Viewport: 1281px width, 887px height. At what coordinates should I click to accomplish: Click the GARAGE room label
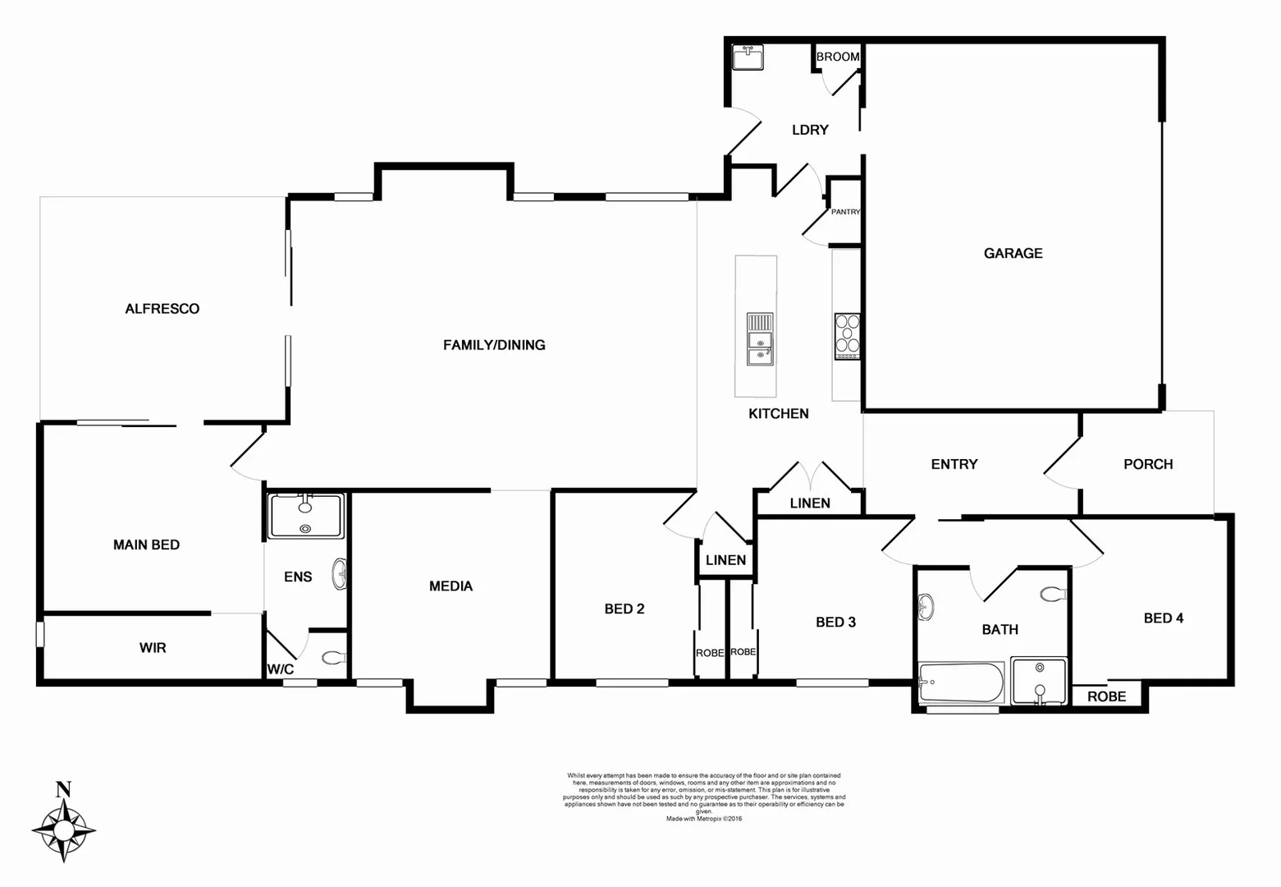click(1013, 253)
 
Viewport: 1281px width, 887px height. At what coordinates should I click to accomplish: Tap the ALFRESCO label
click(162, 309)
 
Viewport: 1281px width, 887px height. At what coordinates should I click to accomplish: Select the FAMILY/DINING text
click(494, 345)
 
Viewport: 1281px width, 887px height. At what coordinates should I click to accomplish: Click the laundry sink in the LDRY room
click(748, 57)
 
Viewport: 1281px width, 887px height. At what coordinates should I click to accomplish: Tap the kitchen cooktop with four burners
click(847, 336)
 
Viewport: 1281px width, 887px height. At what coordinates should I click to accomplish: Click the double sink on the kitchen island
click(760, 338)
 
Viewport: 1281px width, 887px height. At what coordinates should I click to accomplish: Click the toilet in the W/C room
click(332, 658)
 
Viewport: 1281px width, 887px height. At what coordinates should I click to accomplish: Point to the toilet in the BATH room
click(1052, 593)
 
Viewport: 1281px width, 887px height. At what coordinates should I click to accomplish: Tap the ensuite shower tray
click(305, 516)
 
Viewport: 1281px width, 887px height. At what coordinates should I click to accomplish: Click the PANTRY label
click(845, 212)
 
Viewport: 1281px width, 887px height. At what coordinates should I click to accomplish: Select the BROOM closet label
click(838, 57)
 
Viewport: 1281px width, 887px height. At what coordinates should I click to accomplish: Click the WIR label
click(153, 648)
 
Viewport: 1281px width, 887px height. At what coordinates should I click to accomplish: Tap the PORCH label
click(1147, 464)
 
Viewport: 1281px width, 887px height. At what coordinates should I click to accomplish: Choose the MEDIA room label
click(451, 586)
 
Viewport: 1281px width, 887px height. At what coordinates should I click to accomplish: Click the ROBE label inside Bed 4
click(1106, 696)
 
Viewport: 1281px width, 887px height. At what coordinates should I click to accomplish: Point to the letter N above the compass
click(63, 790)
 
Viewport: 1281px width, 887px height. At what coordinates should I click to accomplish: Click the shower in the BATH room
click(1039, 681)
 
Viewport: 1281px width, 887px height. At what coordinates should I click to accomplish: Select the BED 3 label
click(835, 622)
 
